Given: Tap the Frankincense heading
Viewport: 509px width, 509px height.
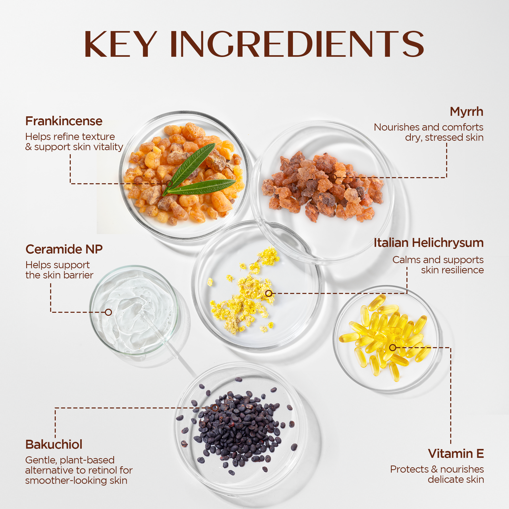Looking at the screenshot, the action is [x=64, y=121].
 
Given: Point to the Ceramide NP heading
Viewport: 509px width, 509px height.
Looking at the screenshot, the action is [x=64, y=249].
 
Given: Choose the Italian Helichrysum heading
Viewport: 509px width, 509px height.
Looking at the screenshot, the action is [x=429, y=243].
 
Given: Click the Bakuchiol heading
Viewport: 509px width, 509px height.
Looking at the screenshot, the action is [x=54, y=444].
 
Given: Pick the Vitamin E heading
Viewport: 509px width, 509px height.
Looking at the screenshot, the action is [x=456, y=454].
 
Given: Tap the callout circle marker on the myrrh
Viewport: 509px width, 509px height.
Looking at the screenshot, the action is [x=334, y=177].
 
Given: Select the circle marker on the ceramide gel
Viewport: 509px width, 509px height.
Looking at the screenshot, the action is [x=108, y=312].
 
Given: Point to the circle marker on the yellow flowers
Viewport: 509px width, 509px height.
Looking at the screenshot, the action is [x=268, y=293].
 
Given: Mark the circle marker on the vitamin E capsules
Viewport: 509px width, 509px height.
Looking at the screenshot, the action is [x=392, y=347].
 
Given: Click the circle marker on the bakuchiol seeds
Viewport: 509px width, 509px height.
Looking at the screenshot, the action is [x=215, y=408].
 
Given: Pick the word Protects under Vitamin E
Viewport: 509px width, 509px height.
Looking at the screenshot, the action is [x=409, y=469].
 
